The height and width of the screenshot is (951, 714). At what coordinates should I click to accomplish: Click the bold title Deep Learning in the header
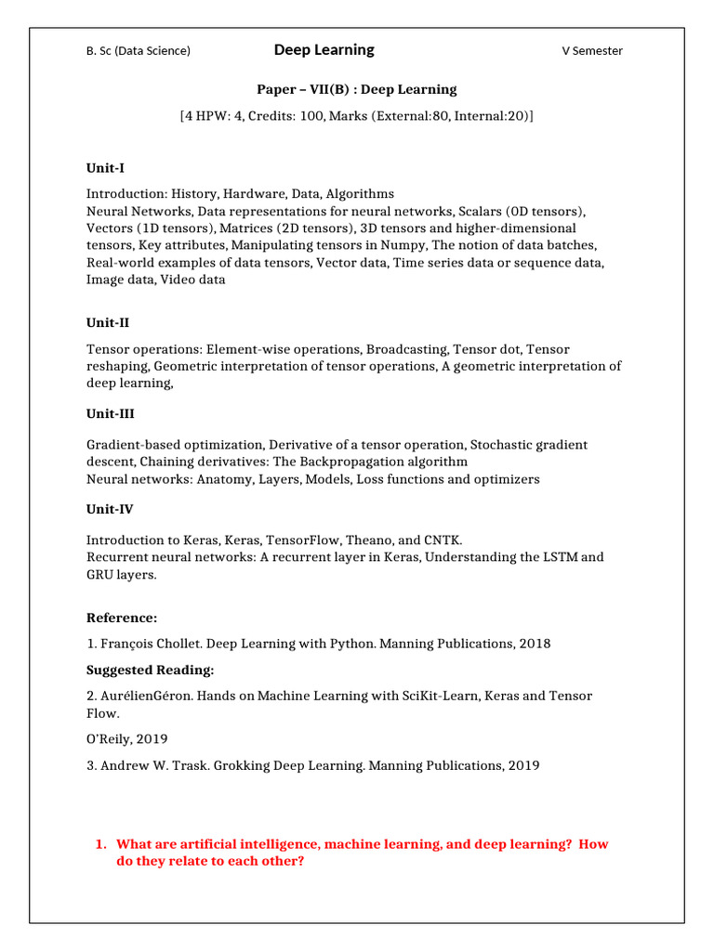click(x=324, y=49)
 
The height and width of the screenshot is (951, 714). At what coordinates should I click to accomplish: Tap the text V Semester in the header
click(x=591, y=51)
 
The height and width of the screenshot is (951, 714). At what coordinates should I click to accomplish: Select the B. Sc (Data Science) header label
click(x=139, y=51)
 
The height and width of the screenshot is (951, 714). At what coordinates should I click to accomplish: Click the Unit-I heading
click(x=105, y=168)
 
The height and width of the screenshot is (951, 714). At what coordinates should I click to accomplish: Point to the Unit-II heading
click(x=108, y=322)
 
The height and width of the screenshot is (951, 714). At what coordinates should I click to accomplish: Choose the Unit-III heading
click(x=110, y=414)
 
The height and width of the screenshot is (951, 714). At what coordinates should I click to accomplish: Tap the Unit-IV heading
click(x=110, y=509)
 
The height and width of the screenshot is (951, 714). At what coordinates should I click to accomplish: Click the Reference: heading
click(x=122, y=618)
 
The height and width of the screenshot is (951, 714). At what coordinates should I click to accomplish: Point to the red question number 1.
click(x=100, y=844)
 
